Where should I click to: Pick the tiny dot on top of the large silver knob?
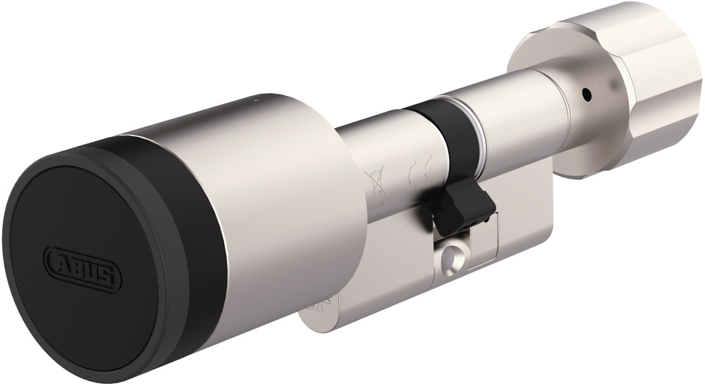255,102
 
